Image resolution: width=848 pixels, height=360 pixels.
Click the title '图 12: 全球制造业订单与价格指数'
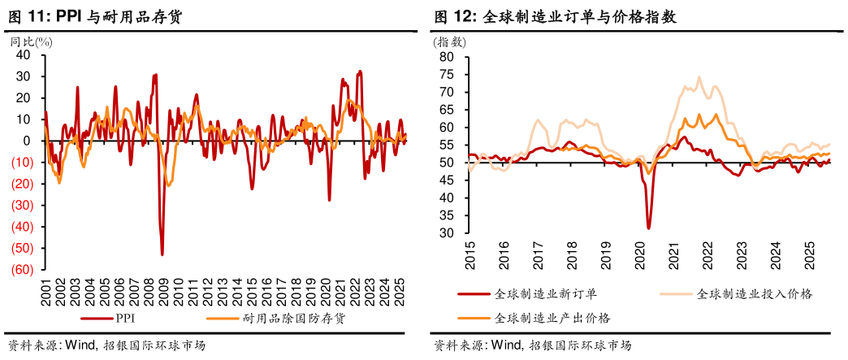[x=556, y=16]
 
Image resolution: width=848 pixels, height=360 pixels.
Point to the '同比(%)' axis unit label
[x=26, y=41]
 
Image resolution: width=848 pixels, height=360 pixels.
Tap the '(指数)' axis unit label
[x=450, y=42]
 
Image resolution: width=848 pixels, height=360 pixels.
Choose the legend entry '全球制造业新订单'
[x=546, y=293]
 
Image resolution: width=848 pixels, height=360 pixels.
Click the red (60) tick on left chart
[x=21, y=270]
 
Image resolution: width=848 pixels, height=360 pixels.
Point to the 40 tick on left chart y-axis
[x=24, y=54]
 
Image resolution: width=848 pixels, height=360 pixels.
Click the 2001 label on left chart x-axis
[x=45, y=292]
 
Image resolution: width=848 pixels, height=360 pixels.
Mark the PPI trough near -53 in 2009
[x=162, y=254]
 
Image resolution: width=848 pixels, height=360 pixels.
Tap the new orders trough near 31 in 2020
[x=648, y=228]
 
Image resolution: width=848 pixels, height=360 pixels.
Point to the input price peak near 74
[x=699, y=78]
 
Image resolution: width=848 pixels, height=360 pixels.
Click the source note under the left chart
[x=106, y=345]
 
